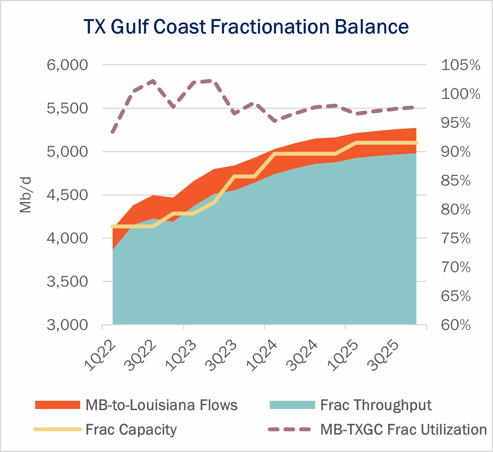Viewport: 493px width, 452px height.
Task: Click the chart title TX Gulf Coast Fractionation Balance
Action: [246, 27]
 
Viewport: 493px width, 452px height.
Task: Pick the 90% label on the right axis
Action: [456, 152]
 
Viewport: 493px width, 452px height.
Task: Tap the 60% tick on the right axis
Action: [456, 325]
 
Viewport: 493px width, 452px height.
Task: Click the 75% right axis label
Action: [456, 239]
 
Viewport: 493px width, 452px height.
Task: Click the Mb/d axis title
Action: [25, 195]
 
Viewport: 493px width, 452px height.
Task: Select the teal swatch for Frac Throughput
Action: [292, 405]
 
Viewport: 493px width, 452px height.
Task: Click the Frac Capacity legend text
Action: [131, 429]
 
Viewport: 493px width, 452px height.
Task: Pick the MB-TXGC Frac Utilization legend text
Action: [403, 429]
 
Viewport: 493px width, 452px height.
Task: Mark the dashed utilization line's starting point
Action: [113, 132]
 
